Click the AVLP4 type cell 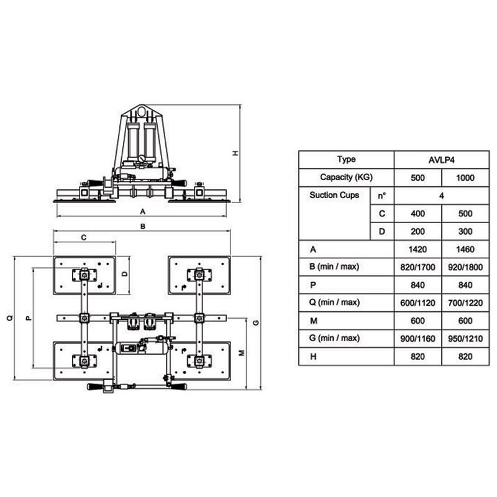tap(441, 160)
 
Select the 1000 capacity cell tap(465, 178)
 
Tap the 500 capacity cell tap(417, 178)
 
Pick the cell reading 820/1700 tap(417, 267)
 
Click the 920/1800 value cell tap(465, 267)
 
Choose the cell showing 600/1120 tap(417, 303)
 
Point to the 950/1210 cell tap(465, 339)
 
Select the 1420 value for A tap(417, 250)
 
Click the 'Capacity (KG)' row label tap(346, 177)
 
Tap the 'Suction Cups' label tap(334, 195)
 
